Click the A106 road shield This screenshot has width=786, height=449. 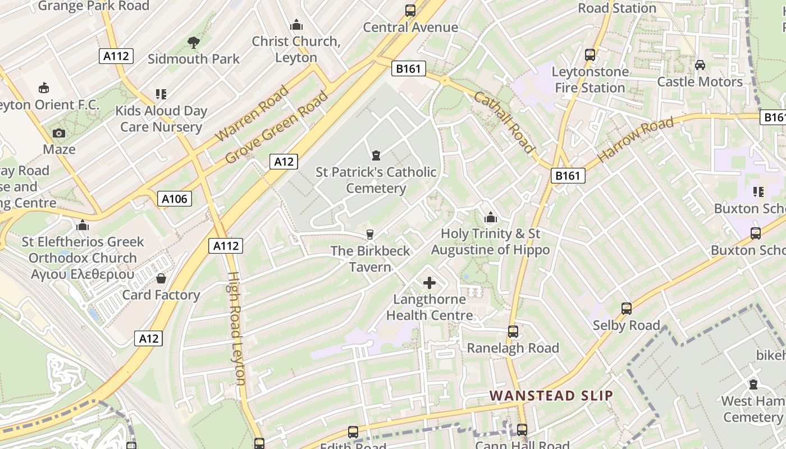174,198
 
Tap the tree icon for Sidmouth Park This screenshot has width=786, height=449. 194,42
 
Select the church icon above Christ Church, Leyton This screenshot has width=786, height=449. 296,25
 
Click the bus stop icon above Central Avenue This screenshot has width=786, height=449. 410,11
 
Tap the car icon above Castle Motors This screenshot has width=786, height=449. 700,65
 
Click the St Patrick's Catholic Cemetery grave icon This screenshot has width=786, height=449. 376,155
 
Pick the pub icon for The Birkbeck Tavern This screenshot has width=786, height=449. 369,234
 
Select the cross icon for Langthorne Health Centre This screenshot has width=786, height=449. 429,283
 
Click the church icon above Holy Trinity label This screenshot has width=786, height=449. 490,217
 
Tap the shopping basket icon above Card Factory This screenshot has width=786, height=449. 161,278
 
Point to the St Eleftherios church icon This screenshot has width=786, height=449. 83,225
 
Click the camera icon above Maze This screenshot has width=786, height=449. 59,133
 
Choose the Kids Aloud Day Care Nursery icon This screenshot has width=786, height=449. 161,94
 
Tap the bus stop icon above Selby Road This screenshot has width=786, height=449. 627,308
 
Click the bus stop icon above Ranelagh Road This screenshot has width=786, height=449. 513,331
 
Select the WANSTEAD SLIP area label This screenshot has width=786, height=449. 551,395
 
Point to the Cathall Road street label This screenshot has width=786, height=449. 504,122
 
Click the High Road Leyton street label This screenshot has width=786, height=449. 236,328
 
